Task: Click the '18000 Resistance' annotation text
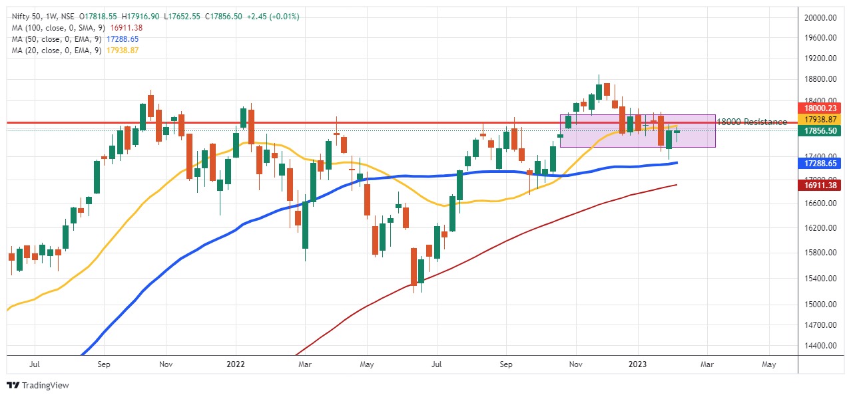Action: point(752,122)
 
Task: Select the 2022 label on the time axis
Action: point(236,364)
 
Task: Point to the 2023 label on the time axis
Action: point(638,364)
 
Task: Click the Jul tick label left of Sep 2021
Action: point(35,364)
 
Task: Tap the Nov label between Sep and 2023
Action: point(577,364)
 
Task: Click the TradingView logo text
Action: point(45,386)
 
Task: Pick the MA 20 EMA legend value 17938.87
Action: point(122,51)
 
